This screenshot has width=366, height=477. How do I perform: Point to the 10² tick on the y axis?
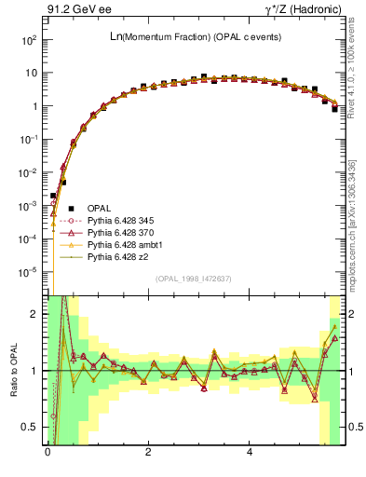[28, 40]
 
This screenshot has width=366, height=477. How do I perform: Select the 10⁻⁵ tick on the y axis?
[28, 272]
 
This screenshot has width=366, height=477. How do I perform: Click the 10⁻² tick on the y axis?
[28, 172]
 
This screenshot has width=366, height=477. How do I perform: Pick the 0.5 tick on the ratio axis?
[32, 427]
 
